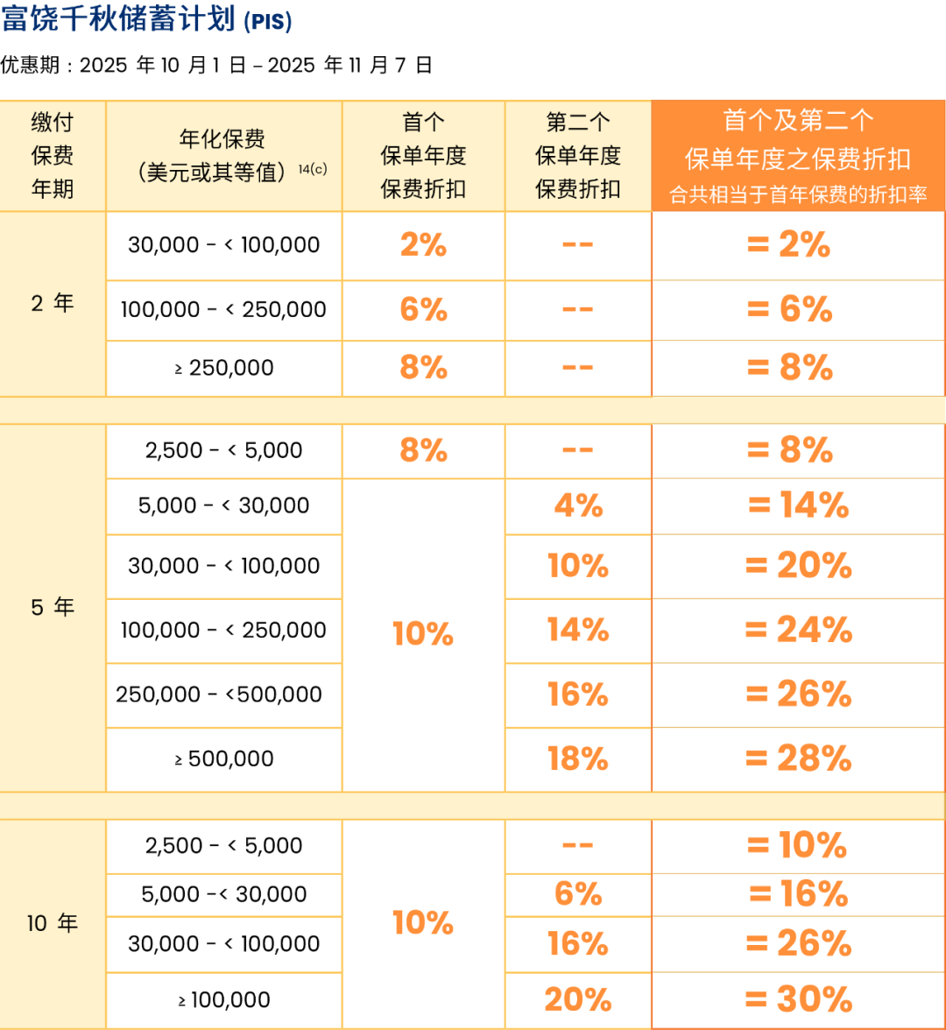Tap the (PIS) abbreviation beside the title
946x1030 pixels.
pyautogui.click(x=268, y=21)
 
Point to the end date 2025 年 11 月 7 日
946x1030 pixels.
pyautogui.click(x=349, y=66)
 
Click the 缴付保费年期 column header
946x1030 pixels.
pyautogui.click(x=53, y=156)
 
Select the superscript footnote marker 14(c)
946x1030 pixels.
pyautogui.click(x=313, y=169)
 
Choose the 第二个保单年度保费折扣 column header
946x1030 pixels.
pyautogui.click(x=578, y=156)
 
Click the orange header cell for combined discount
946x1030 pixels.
pyautogui.click(x=798, y=156)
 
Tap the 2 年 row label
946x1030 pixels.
pyautogui.click(x=53, y=304)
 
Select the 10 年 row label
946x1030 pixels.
pyautogui.click(x=53, y=923)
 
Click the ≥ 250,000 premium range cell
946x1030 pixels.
pyautogui.click(x=224, y=369)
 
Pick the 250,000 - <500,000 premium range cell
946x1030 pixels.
pyautogui.click(x=219, y=695)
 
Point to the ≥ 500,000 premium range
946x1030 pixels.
pyautogui.click(x=224, y=759)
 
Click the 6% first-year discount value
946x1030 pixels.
pyautogui.click(x=423, y=310)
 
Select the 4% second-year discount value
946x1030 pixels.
pyautogui.click(x=578, y=505)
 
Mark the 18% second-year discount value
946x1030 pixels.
pyautogui.click(x=578, y=759)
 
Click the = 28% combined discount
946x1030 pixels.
pyautogui.click(x=798, y=758)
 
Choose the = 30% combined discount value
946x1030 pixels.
pyautogui.click(x=798, y=999)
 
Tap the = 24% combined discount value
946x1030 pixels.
pyautogui.click(x=798, y=630)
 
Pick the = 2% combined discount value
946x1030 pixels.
pyautogui.click(x=788, y=246)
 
